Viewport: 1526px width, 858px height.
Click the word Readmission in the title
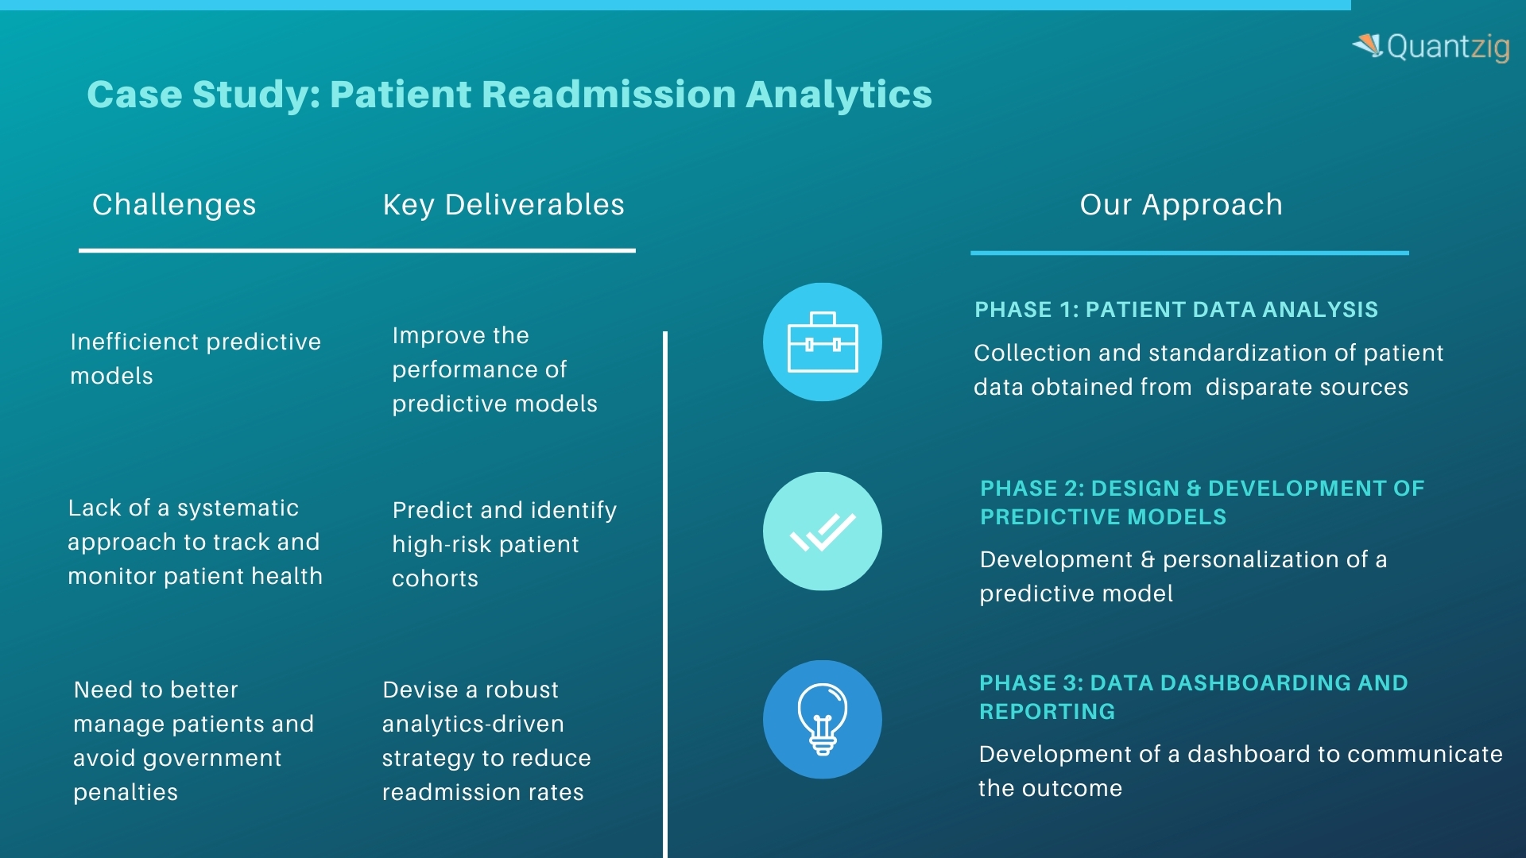(609, 94)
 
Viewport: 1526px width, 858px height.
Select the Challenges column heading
(174, 205)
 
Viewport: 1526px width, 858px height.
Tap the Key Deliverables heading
(503, 205)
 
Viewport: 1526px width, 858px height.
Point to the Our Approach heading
(1181, 205)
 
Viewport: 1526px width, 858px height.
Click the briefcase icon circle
(823, 342)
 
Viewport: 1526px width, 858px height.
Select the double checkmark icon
(823, 531)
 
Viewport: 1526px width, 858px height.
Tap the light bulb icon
(823, 720)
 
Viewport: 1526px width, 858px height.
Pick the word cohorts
(435, 579)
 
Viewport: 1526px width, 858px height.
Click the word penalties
(126, 793)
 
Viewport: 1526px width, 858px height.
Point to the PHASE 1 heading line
(1176, 310)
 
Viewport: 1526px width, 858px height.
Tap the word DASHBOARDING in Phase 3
(1219, 683)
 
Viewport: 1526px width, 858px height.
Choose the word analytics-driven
(473, 725)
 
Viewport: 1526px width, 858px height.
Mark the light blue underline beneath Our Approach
(1189, 253)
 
